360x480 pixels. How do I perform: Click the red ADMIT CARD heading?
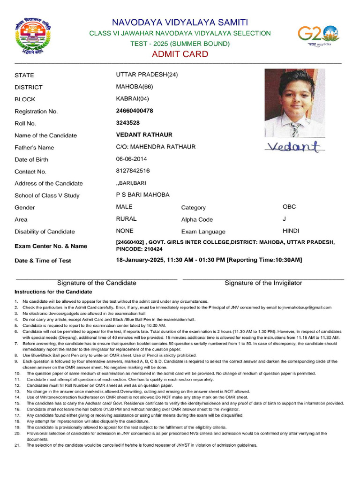180,54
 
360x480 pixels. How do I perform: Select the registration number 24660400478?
135,111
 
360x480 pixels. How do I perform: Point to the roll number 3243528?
127,123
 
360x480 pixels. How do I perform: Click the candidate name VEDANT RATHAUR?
144,135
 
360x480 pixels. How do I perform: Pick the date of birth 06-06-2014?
131,159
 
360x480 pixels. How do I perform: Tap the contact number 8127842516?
133,171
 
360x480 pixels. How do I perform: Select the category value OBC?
289,207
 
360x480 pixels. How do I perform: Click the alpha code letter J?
284,219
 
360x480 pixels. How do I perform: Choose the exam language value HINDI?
291,231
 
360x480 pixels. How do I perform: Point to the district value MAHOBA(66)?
134,87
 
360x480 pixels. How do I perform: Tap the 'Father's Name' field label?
34,148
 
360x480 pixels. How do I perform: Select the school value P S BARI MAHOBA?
142,195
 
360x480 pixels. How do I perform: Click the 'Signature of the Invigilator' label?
263,283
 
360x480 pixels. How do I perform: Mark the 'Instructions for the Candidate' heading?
53,292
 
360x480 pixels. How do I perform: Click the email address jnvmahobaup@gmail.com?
307,307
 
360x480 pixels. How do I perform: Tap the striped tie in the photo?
294,128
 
